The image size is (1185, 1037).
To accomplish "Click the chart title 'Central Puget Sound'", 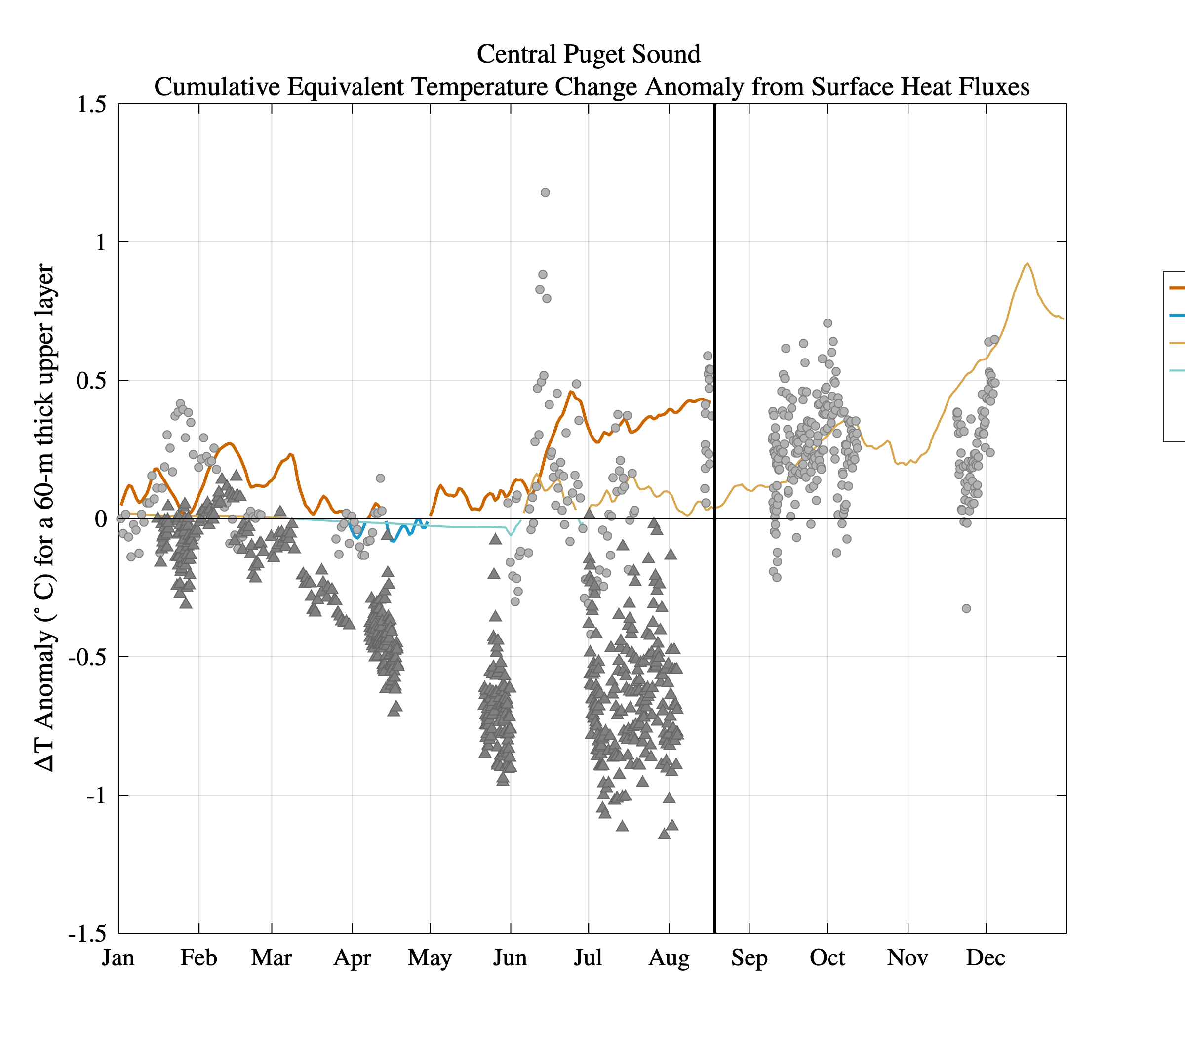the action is click(589, 54).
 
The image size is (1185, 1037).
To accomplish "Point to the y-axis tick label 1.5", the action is click(92, 105).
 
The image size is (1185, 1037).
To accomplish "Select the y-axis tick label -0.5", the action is click(88, 657).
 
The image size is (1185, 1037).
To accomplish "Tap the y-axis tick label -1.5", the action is click(88, 933).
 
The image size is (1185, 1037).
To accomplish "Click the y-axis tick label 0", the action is click(101, 519).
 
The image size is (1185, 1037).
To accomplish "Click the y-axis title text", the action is click(44, 518).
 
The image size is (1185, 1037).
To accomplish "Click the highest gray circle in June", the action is click(545, 193).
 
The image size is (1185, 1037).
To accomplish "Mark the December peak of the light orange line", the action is click(1027, 263).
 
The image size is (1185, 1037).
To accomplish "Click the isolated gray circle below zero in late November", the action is click(966, 609).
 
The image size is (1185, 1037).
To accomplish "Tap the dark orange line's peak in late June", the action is click(570, 392).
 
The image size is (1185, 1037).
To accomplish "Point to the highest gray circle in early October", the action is click(828, 323).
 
